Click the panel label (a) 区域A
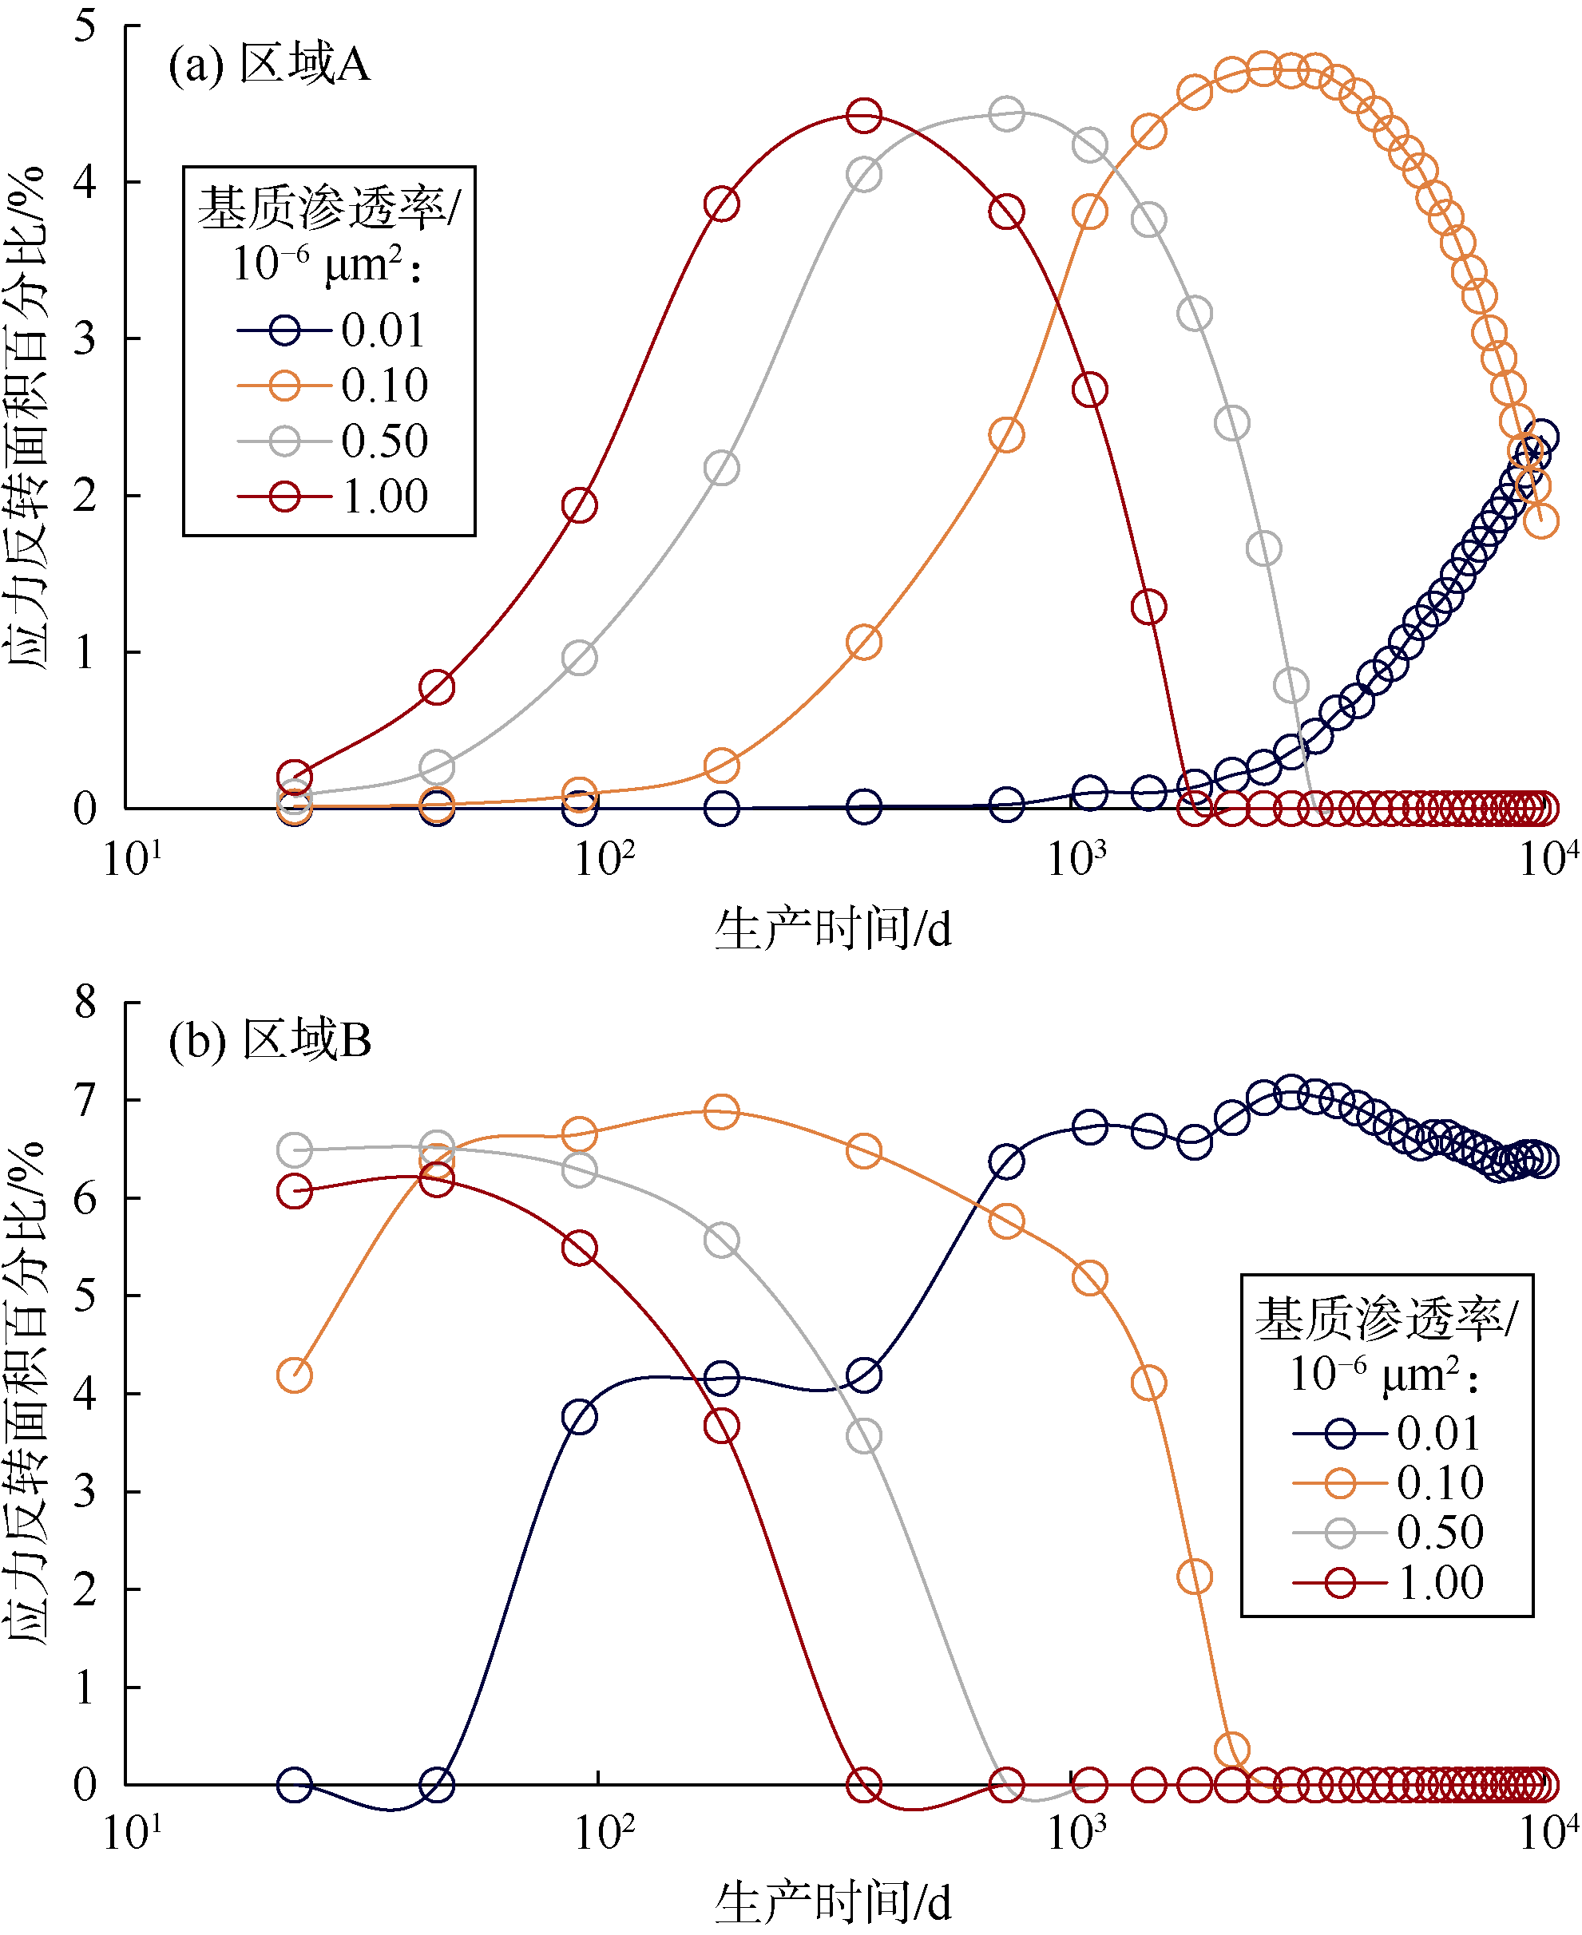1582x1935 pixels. [x=269, y=65]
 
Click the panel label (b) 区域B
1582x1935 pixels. [x=270, y=1039]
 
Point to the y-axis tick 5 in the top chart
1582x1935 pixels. [x=85, y=26]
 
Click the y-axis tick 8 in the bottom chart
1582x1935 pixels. [x=85, y=1002]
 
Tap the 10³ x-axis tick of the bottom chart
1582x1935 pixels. [x=1076, y=1832]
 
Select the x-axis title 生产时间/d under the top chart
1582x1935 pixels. [x=832, y=930]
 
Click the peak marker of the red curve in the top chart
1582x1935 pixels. [x=863, y=116]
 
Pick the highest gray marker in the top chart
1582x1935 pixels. [x=1005, y=115]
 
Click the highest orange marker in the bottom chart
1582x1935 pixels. [x=721, y=1111]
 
